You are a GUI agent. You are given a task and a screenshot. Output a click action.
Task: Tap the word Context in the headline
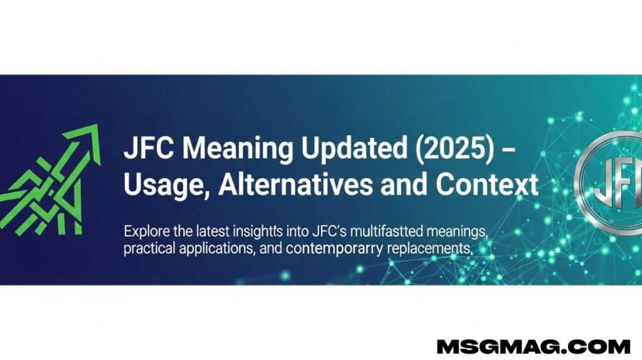pos(487,185)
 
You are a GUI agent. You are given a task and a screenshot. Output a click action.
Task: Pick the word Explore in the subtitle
pos(147,232)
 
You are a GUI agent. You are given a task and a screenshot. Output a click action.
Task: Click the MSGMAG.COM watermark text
pos(533,346)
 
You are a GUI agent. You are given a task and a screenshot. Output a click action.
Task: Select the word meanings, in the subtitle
pos(457,232)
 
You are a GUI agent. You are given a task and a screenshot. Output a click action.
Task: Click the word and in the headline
pos(404,184)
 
